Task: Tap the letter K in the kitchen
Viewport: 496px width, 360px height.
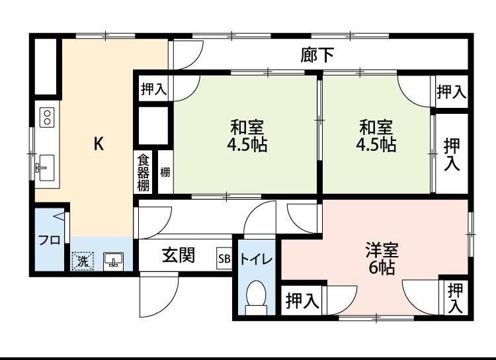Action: point(98,144)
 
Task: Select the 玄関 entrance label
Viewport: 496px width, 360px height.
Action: point(179,255)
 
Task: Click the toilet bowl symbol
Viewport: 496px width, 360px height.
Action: point(255,296)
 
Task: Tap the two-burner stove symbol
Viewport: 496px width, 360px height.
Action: point(47,118)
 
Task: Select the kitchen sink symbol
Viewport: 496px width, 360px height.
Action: point(46,165)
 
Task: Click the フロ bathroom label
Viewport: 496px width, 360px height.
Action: point(48,240)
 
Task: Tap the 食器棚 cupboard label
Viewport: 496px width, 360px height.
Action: point(144,172)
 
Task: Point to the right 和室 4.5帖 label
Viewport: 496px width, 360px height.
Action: point(376,136)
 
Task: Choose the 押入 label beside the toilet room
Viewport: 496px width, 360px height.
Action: point(302,301)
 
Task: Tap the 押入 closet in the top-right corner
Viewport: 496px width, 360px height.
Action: point(452,92)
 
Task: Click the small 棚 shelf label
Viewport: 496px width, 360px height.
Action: point(165,173)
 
